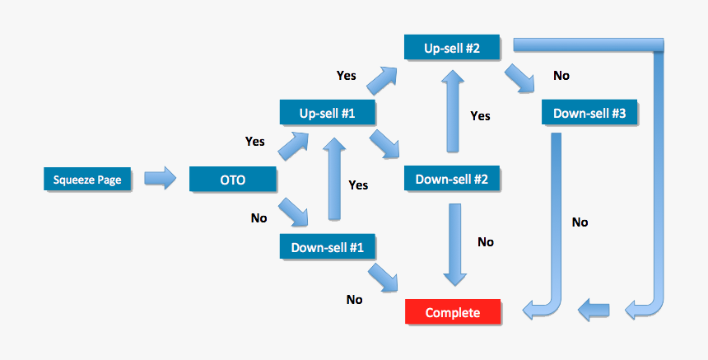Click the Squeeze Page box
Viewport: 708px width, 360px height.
point(87,179)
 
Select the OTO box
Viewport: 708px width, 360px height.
point(231,179)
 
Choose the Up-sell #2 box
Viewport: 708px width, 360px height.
point(452,47)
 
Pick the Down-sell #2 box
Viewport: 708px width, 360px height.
point(452,179)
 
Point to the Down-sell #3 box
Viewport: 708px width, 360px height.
point(589,113)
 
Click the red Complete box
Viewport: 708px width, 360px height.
point(452,313)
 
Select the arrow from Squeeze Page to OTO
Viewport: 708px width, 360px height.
point(160,178)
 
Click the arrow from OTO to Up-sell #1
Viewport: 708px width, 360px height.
point(293,147)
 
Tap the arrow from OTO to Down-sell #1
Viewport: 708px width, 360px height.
point(293,212)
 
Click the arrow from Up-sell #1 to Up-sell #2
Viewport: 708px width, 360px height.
point(382,80)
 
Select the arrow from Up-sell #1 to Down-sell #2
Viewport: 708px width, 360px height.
point(384,144)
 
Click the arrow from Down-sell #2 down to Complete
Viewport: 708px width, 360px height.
point(451,243)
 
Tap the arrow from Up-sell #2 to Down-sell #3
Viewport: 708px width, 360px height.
point(521,80)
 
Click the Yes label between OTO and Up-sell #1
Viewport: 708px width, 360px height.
point(255,142)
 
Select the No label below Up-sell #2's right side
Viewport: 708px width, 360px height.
point(561,76)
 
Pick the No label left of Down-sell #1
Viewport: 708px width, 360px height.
point(259,218)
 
